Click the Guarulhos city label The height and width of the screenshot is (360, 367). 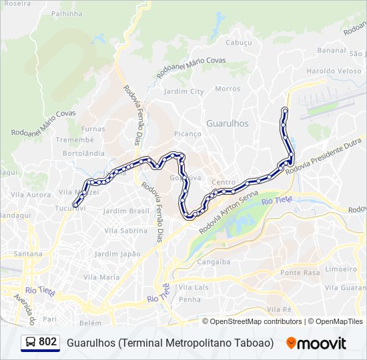pyautogui.click(x=227, y=123)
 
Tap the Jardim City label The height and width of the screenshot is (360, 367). pyautogui.click(x=183, y=91)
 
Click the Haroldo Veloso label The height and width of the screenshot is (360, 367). pyautogui.click(x=334, y=71)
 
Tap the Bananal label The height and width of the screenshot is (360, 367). pyautogui.click(x=332, y=50)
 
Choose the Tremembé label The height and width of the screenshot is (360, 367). pyautogui.click(x=70, y=140)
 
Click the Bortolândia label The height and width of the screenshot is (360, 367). pyautogui.click(x=83, y=153)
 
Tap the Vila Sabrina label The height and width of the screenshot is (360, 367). pyautogui.click(x=125, y=231)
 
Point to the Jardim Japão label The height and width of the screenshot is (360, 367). pyautogui.click(x=117, y=254)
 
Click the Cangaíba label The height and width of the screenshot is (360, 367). pyautogui.click(x=214, y=262)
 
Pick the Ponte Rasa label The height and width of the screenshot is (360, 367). pyautogui.click(x=300, y=273)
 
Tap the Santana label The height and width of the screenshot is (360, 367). pyautogui.click(x=28, y=254)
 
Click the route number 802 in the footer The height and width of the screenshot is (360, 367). pyautogui.click(x=47, y=342)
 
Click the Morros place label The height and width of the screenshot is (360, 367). pyautogui.click(x=228, y=89)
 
